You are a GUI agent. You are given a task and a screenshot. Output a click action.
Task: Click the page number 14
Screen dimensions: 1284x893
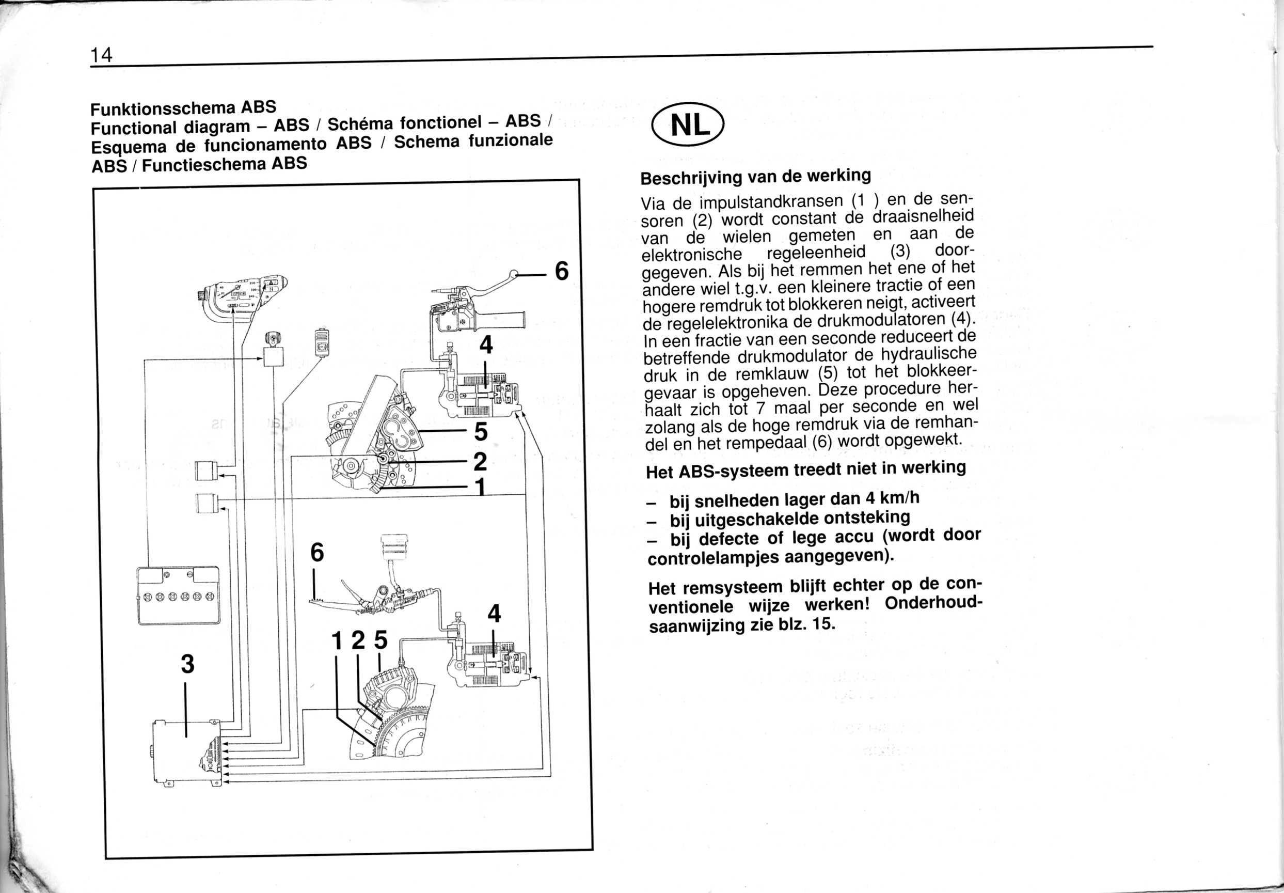(x=102, y=54)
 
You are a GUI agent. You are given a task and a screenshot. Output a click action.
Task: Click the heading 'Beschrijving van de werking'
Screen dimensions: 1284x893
(x=755, y=177)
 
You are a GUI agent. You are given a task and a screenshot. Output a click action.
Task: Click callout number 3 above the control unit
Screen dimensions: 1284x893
(x=188, y=664)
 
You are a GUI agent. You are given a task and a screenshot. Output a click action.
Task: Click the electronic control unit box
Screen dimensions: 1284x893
(x=187, y=753)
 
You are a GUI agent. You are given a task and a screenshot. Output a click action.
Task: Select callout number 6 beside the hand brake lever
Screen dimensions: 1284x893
(x=562, y=271)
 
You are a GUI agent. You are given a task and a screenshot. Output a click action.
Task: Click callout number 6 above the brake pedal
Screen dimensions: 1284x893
(x=317, y=552)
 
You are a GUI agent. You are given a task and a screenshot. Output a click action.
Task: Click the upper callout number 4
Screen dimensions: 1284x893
(x=486, y=344)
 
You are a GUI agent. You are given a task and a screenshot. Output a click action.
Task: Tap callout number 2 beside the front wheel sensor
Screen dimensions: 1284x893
(x=480, y=462)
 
